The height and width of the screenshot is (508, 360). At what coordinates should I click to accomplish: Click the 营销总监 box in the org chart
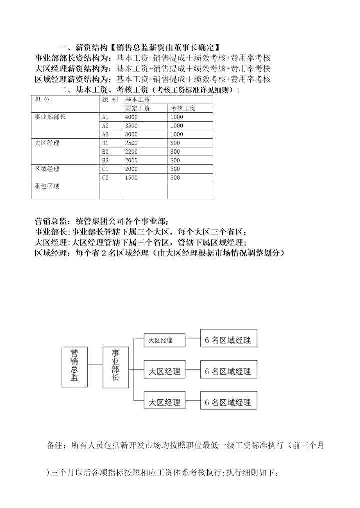[75, 366]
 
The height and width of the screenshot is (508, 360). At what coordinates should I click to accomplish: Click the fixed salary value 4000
[132, 117]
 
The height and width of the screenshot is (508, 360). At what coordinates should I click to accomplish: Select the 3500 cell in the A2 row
[132, 126]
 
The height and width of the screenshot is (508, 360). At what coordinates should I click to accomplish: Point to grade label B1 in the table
[105, 143]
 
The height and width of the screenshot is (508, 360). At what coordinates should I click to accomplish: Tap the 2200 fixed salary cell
[132, 152]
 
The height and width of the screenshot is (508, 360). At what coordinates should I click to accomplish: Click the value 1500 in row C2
[132, 178]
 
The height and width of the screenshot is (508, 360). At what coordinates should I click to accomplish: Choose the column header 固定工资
[138, 108]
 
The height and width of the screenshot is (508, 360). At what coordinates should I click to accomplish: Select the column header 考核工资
[183, 108]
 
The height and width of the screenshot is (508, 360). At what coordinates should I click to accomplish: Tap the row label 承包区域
[47, 186]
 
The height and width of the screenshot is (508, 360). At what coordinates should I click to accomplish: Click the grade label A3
[105, 134]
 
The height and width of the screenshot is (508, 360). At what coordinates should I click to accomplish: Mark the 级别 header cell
[110, 99]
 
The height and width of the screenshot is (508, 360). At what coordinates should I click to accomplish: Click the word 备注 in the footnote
[55, 445]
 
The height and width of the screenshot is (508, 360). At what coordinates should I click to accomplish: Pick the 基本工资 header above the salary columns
[138, 100]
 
